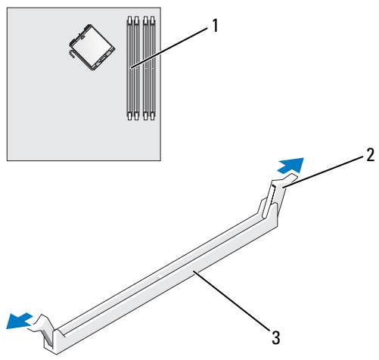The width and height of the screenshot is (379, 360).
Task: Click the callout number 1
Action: point(215,26)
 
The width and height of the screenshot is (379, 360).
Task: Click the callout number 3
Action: point(275,338)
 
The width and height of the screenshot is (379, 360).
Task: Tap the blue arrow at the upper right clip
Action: point(291,166)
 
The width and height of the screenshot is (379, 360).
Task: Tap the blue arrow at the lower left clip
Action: point(19,321)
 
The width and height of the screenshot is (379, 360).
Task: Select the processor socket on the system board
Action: point(92,47)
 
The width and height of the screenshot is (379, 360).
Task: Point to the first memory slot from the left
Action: point(129,68)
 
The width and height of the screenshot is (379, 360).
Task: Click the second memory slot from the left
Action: point(136,68)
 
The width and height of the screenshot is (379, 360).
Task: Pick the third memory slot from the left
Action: point(145,68)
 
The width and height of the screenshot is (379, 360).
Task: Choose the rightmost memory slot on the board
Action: point(152,68)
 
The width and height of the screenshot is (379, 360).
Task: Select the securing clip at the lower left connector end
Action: point(44,331)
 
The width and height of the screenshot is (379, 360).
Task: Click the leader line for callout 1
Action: point(169,48)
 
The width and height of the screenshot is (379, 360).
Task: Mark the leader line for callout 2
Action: point(324,172)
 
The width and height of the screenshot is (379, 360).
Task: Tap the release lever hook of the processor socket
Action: point(72,54)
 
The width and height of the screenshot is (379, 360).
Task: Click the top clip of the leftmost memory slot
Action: point(129,20)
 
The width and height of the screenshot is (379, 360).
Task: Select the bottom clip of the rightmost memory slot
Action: point(152,116)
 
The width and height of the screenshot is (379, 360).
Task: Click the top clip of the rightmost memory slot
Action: point(152,20)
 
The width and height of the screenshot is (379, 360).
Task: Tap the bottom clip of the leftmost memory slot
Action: point(129,116)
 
